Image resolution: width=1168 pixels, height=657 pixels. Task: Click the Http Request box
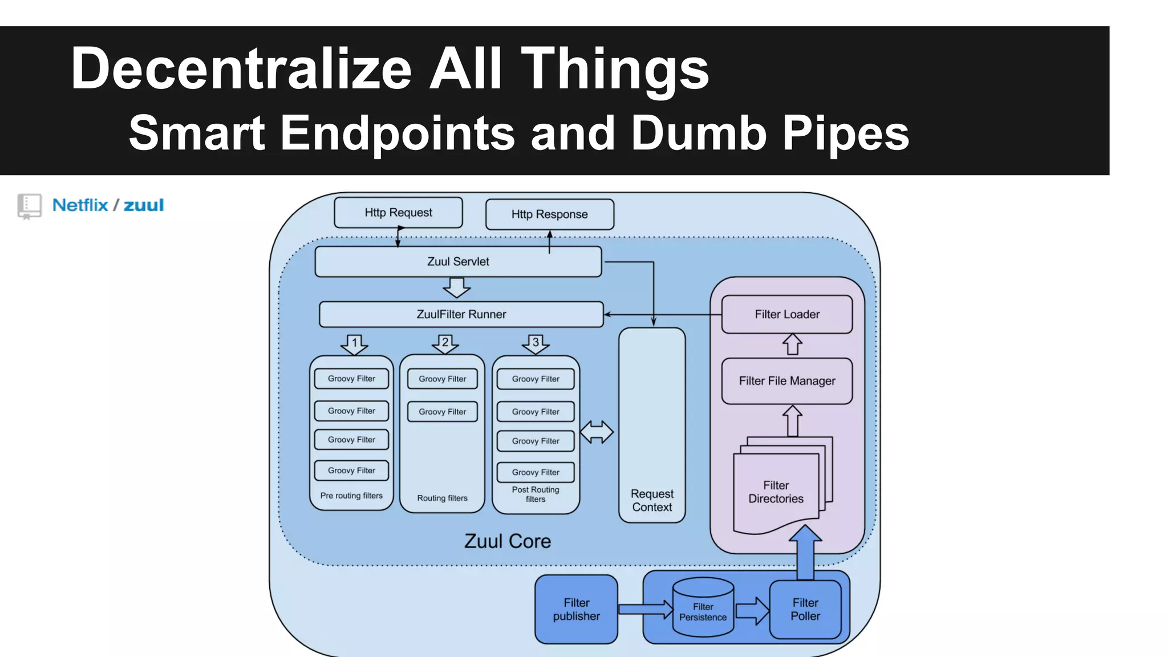398,213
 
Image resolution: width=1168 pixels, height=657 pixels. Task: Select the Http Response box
549,214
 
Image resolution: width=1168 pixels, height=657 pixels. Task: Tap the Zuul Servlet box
458,262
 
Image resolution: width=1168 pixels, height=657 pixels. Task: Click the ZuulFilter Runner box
461,314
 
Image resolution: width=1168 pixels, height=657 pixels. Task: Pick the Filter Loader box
786,314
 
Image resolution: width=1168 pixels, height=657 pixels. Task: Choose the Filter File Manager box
786,381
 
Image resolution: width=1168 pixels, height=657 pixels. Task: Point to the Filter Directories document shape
776,492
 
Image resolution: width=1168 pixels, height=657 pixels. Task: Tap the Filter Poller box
805,609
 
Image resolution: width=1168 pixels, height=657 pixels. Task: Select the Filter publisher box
576,609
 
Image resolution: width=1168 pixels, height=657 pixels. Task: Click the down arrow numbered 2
445,344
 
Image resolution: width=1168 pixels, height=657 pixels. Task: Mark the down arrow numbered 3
535,344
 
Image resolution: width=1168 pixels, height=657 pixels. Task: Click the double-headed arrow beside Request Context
597,432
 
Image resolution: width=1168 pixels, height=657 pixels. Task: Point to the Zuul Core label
507,541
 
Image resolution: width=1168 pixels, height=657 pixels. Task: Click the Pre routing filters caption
351,496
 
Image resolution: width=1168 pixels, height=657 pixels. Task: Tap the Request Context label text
652,500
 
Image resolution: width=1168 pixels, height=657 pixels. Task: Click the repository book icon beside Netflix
29,206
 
